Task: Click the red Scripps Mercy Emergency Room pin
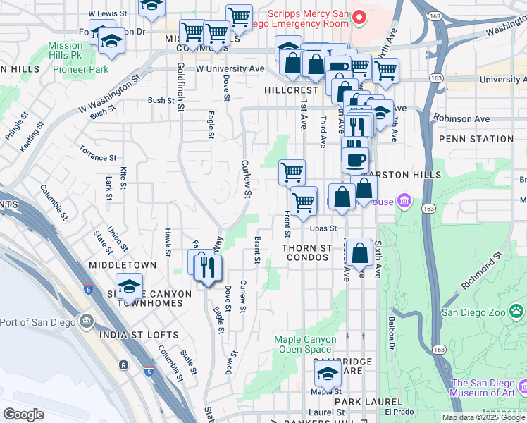(x=360, y=17)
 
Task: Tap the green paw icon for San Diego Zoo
(x=518, y=310)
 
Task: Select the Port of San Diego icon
(x=87, y=321)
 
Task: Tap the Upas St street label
(x=323, y=228)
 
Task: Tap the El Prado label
(x=397, y=412)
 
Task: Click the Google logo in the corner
(x=23, y=415)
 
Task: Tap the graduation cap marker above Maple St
(x=328, y=373)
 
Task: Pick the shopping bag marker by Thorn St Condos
(x=359, y=252)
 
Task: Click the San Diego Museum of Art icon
(x=523, y=386)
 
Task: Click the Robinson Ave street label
(x=462, y=119)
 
